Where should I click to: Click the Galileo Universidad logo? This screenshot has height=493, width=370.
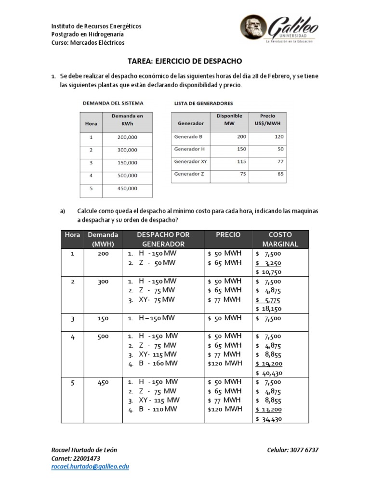tap(278, 28)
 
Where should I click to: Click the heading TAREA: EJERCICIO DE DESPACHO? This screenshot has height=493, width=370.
tap(185, 62)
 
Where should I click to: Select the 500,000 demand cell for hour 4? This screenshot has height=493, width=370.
tap(127, 175)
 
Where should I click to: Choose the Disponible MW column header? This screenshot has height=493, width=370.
tap(229, 119)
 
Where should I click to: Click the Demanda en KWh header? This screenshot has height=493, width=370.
tap(127, 119)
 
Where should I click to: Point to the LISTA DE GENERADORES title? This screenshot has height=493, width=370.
tap(203, 103)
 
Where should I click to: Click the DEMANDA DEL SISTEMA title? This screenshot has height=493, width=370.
tap(113, 103)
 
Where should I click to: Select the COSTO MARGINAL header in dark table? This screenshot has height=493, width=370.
tap(280, 239)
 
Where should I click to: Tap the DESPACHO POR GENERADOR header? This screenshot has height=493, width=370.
tap(163, 239)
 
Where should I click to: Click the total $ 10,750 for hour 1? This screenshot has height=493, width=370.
tap(269, 272)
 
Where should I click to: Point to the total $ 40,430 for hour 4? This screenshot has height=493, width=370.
tap(269, 373)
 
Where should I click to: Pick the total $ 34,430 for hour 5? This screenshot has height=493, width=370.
tap(269, 419)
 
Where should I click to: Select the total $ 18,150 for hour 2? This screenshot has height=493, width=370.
tap(269, 309)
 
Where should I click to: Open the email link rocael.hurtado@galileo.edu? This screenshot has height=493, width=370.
tap(90, 467)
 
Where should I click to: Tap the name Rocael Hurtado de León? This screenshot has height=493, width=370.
tap(84, 450)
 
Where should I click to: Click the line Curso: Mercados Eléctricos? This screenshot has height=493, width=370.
tap(88, 42)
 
